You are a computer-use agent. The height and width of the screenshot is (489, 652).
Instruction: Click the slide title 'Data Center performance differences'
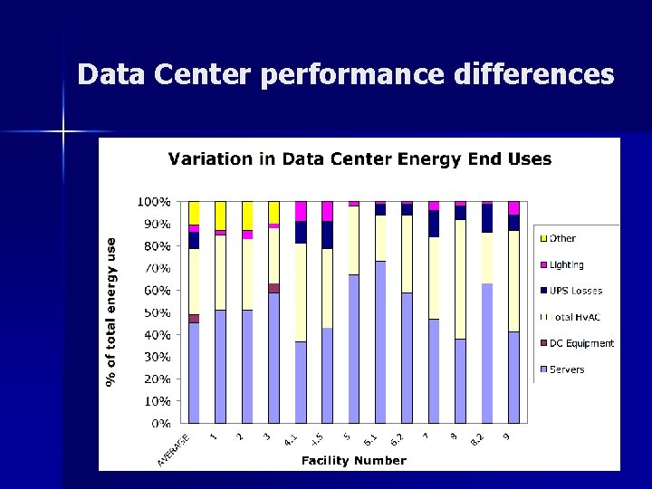[x=346, y=74]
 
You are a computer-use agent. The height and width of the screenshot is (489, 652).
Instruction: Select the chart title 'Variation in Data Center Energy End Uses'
[x=360, y=159]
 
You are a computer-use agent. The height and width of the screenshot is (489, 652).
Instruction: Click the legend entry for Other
[x=561, y=239]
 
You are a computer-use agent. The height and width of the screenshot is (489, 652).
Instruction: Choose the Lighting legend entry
[x=566, y=265]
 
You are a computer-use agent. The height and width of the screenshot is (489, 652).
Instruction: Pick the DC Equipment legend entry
[x=580, y=343]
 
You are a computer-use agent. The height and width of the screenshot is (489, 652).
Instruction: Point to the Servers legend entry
[x=566, y=369]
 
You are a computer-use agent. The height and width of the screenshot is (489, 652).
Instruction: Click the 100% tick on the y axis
[x=153, y=201]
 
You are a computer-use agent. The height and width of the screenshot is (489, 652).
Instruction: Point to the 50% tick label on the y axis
[x=156, y=312]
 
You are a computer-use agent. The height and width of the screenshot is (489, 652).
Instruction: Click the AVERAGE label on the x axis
[x=173, y=450]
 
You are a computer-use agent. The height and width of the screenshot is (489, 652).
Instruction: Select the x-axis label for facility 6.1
[x=371, y=440]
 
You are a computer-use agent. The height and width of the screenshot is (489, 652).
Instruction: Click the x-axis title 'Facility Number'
[x=353, y=461]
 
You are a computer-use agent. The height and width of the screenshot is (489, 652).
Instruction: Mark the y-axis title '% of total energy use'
[x=111, y=312]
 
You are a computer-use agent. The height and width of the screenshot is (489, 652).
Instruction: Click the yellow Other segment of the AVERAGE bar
[x=194, y=213]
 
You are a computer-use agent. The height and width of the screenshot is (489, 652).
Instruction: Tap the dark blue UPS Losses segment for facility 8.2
[x=487, y=218]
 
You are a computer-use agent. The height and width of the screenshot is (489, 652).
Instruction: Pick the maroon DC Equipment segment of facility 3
[x=273, y=288]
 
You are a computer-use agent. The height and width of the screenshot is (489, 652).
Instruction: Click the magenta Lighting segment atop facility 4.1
[x=301, y=210]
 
